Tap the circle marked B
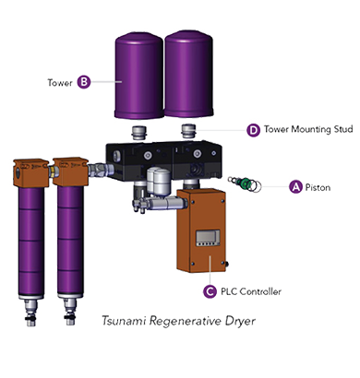coord(83,81)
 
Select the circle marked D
coord(253,130)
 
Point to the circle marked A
coord(295,185)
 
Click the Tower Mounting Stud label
coord(307,130)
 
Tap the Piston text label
coord(319,185)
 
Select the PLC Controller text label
coord(249,291)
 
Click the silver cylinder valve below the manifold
coord(156,184)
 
